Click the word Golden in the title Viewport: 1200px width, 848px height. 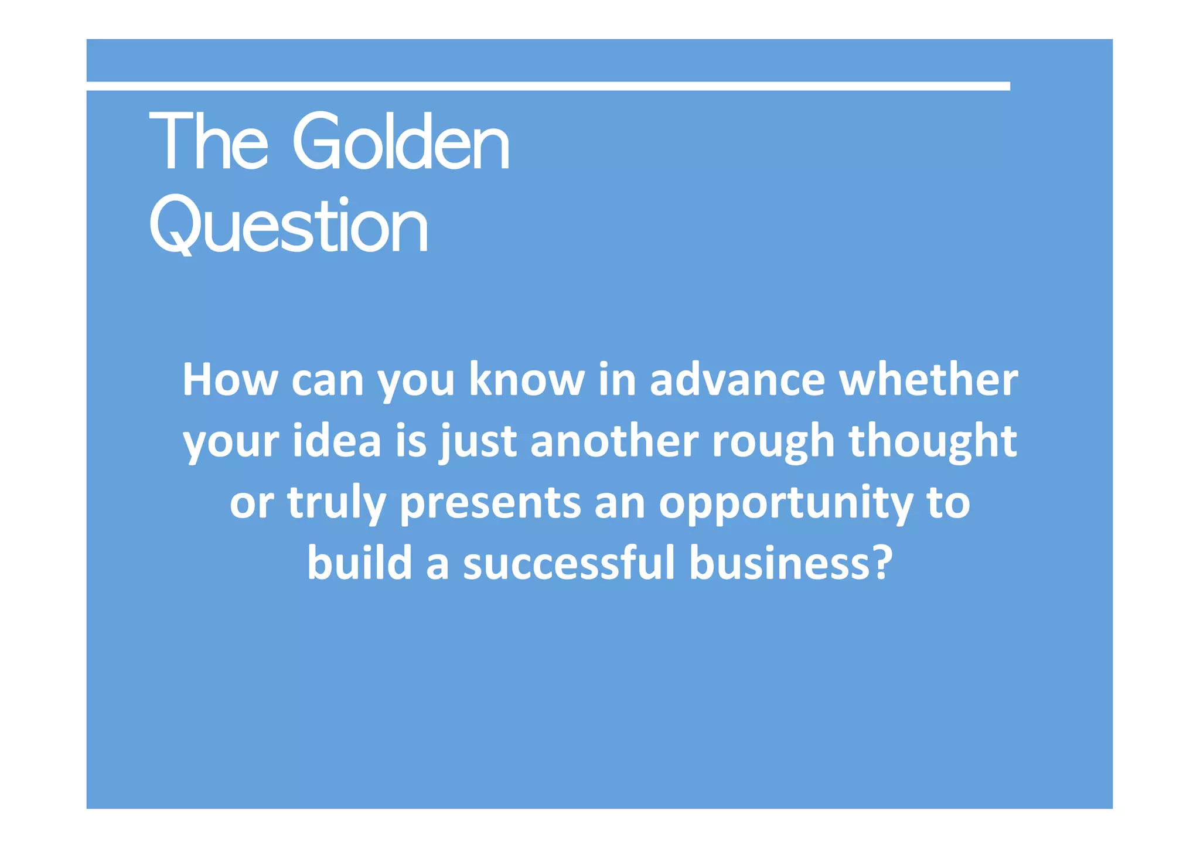[x=401, y=142]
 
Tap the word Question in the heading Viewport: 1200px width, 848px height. [x=288, y=226]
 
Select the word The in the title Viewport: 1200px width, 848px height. [x=208, y=142]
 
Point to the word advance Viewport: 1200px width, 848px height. [x=737, y=380]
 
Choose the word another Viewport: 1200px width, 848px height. [x=615, y=441]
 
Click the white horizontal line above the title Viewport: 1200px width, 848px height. [x=548, y=86]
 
